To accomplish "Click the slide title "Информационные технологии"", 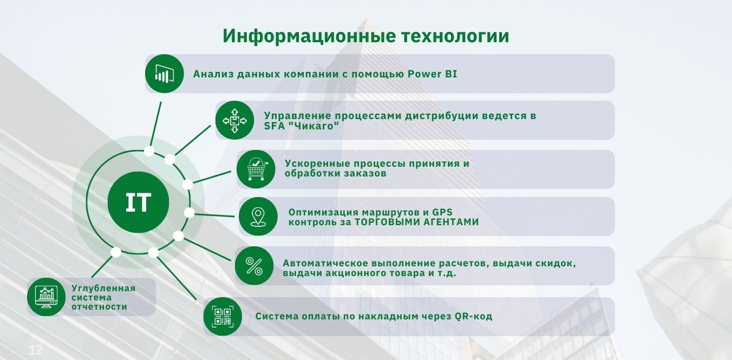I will [366, 36].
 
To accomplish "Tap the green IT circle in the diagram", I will [138, 202].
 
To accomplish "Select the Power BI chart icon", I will [164, 74].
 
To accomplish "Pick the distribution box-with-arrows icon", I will [234, 120].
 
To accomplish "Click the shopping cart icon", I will [256, 169].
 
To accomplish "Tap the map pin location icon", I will [258, 217].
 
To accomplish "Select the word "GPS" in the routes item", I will [442, 212].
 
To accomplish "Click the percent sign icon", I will [254, 266].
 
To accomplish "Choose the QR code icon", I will [223, 317].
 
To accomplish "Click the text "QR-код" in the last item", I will [474, 317].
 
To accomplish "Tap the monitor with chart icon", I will [47, 297].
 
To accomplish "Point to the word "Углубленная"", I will [103, 288].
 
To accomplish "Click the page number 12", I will [36, 350].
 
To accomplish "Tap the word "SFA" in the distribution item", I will [274, 126].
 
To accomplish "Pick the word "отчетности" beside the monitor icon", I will [100, 307].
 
